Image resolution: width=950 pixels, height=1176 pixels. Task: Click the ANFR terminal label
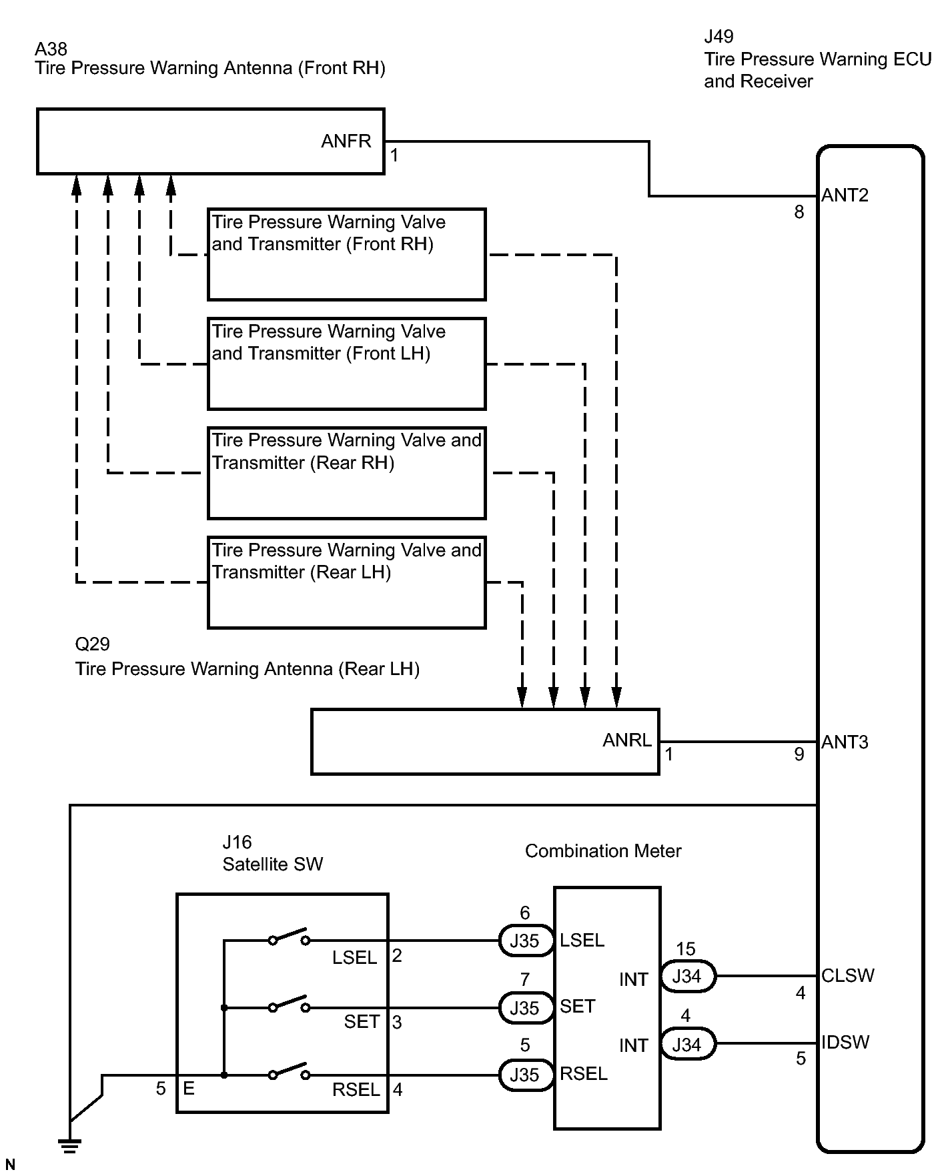coord(346,141)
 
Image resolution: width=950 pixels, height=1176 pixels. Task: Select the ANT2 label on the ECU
coord(845,195)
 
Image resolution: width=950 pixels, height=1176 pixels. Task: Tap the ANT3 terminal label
coord(845,742)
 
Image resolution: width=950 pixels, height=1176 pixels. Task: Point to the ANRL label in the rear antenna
coord(626,740)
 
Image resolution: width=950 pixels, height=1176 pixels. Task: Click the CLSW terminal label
coord(847,975)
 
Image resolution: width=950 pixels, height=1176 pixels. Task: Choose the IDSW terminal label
coord(845,1042)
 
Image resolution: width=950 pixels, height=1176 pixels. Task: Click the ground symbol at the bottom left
coord(69,1146)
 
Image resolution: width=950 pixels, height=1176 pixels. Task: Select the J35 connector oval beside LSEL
coord(525,941)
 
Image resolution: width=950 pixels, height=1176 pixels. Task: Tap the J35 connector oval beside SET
coord(525,1008)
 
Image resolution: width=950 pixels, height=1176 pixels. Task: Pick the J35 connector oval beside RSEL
coord(525,1075)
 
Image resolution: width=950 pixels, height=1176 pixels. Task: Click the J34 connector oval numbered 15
coord(687,977)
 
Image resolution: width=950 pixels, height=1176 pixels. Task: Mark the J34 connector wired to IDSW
coord(687,1044)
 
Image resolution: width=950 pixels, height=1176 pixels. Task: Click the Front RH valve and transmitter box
coord(346,254)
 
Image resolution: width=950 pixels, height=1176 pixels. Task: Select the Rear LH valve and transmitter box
coord(346,582)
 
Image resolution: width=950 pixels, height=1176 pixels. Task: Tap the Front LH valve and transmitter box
coord(346,364)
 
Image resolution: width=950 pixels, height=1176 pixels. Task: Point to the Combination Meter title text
coord(603,851)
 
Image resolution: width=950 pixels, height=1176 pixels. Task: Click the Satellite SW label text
coord(272,864)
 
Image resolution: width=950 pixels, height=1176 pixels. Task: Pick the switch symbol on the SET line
coord(289,1005)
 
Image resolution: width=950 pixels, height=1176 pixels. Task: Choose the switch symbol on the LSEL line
coord(289,937)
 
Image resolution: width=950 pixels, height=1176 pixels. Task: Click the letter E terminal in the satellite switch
coord(189,1088)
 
